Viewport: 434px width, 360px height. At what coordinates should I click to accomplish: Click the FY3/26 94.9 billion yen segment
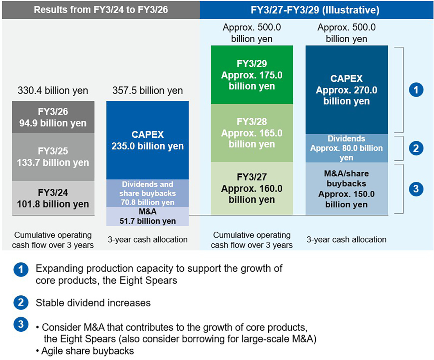53,117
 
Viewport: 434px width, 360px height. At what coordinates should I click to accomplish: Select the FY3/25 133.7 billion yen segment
53,157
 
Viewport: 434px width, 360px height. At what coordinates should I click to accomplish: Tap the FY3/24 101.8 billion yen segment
53,198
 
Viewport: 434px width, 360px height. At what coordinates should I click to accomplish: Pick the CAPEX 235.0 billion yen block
147,140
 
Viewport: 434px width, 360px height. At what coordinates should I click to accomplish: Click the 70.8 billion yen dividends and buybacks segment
147,193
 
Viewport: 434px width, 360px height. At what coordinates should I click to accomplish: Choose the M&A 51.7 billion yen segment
147,216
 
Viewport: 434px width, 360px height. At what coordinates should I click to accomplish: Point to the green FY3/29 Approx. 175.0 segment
252,75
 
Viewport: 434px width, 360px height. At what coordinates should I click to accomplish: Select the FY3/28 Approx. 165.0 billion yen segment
252,133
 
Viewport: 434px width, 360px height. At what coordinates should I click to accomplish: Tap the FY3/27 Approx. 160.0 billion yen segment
252,188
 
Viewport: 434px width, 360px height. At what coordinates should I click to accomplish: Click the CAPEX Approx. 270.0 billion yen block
347,90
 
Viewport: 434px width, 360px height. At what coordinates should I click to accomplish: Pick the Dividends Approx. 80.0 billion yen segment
347,148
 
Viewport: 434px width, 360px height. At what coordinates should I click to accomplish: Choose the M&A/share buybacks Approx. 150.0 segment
347,189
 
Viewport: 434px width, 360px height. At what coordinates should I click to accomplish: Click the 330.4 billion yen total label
53,90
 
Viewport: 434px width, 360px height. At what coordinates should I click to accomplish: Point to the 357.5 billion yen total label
147,90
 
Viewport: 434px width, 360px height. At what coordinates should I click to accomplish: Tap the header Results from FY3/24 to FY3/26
101,10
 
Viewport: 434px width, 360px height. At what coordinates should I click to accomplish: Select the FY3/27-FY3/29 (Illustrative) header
315,10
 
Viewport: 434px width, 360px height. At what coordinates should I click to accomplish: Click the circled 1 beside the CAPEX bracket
416,90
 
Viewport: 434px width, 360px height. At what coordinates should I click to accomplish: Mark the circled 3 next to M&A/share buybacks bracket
416,189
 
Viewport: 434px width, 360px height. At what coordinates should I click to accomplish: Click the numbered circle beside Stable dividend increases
21,302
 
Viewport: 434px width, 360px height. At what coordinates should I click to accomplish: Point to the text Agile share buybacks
88,351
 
